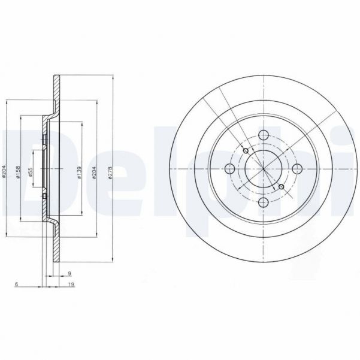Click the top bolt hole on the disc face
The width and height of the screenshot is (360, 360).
(263, 136)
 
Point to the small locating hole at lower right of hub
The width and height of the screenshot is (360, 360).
(282, 187)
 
